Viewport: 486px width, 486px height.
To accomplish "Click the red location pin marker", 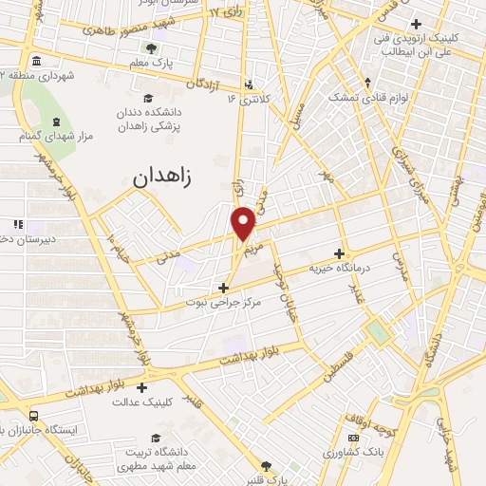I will point(244,224).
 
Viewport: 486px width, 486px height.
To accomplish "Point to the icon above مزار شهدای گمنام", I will point(57,122).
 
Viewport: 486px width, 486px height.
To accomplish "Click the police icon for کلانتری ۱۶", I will point(249,84).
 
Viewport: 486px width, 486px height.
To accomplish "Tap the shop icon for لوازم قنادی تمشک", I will point(367,83).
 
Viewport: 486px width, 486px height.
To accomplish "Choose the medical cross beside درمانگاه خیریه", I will point(340,253).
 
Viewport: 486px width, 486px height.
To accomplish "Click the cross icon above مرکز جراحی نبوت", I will point(223,287).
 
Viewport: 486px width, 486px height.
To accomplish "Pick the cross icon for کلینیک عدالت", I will point(142,387).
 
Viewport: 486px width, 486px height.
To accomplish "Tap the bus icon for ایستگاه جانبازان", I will point(34,416).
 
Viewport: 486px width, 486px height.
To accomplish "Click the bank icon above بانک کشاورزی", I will point(354,438).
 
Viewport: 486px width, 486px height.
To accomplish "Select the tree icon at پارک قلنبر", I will point(267,465).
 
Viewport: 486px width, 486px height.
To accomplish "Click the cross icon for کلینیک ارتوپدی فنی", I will point(415,24).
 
